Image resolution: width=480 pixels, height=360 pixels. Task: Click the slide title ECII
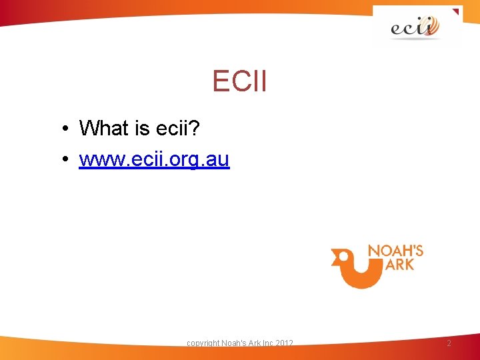(239, 81)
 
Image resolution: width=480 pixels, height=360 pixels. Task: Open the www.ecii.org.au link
(154, 160)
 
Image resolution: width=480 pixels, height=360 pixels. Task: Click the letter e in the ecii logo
(398, 29)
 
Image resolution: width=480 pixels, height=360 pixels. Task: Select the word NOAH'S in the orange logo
(396, 251)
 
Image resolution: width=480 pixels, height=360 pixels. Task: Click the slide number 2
(449, 343)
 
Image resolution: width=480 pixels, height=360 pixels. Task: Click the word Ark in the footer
(252, 343)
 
